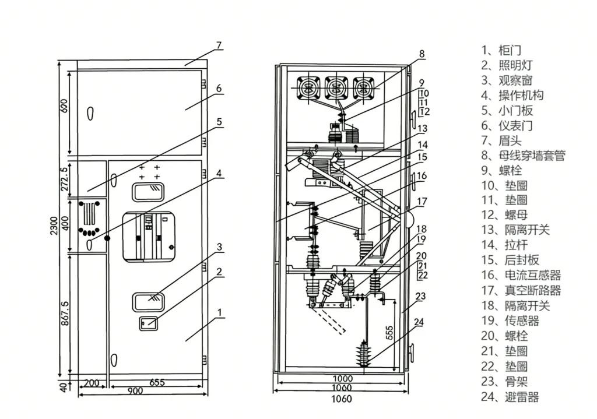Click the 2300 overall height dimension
54,226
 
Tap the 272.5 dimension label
65,179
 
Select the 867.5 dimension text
65,313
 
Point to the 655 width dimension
157,382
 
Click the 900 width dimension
135,391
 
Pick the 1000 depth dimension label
343,379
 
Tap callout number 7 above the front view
219,45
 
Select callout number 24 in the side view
419,322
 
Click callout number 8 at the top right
422,54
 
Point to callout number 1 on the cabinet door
220,312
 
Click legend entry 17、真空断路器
521,290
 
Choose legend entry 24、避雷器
510,397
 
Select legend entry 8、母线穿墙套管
523,155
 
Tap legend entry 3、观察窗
507,80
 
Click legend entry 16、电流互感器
521,275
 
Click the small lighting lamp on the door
149,323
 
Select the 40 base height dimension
64,386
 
